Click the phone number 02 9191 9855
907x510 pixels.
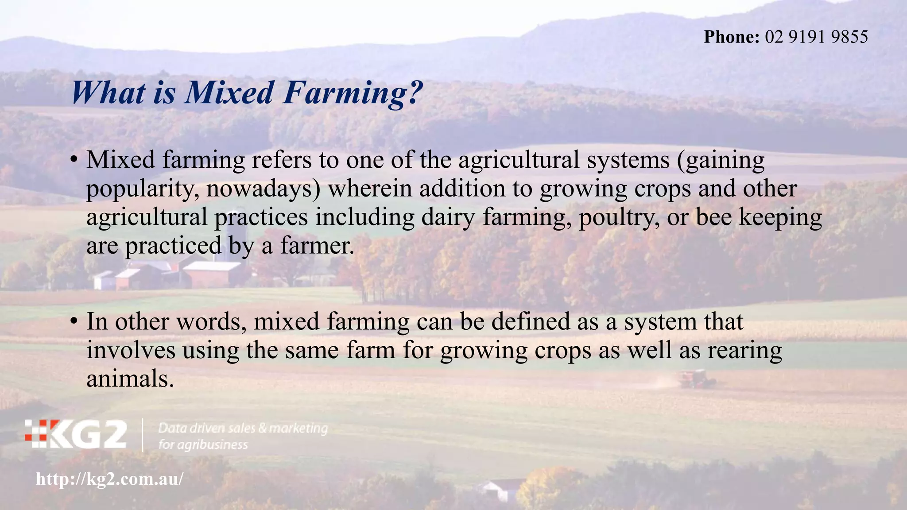[816, 37]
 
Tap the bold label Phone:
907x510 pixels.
[732, 37]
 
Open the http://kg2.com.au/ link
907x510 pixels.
[109, 479]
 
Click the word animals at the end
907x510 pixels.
[129, 379]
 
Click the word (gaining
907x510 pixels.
[721, 160]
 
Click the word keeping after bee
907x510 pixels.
[780, 218]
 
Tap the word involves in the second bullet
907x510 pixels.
[131, 350]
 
